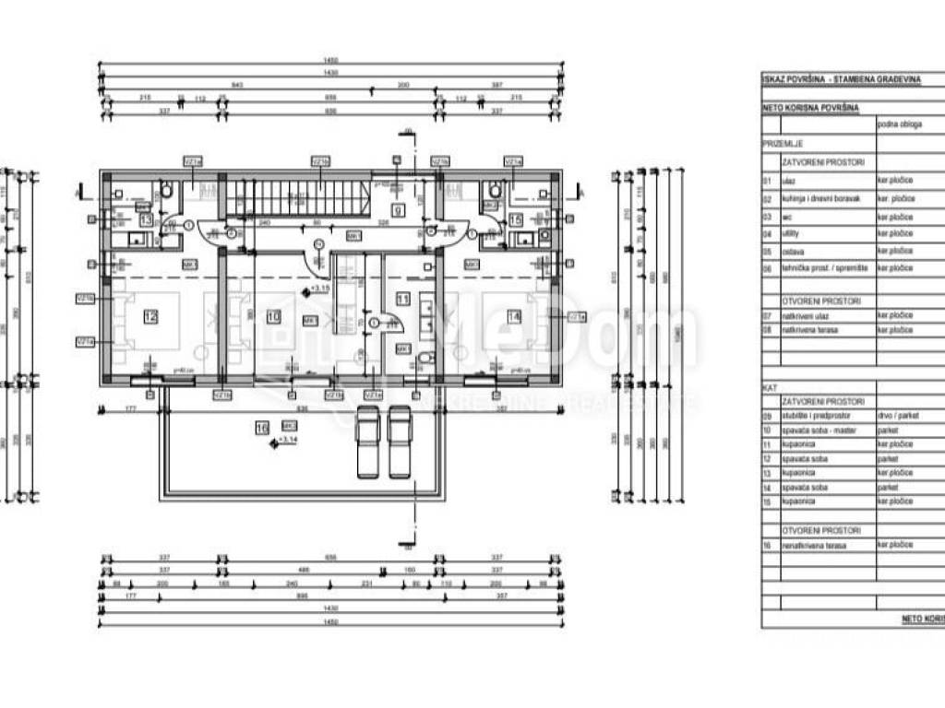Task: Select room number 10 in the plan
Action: [x=272, y=317]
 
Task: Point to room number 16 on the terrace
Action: [x=262, y=427]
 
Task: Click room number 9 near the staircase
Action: [x=398, y=210]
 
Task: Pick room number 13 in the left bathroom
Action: [x=146, y=219]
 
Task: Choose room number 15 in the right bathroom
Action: [x=516, y=219]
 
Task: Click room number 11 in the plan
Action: [x=402, y=299]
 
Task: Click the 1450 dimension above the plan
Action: [x=330, y=62]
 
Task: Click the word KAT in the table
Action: [x=770, y=389]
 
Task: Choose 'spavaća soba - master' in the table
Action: [x=819, y=430]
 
